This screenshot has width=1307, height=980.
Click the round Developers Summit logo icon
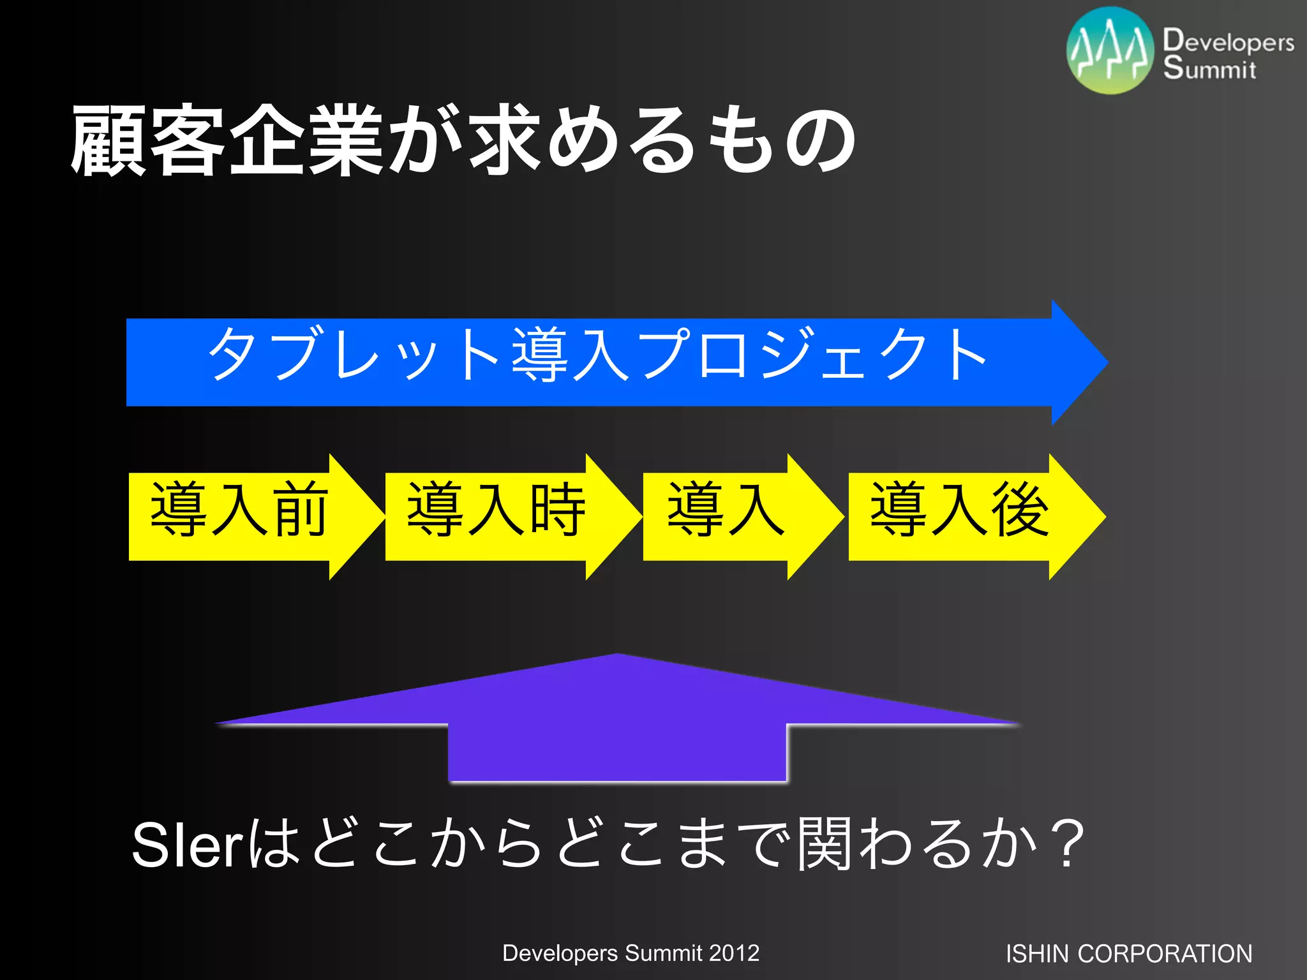[1110, 51]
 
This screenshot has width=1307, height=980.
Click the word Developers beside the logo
[1228, 41]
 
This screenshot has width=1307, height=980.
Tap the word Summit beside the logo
[1209, 68]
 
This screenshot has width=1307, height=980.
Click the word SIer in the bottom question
[186, 845]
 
